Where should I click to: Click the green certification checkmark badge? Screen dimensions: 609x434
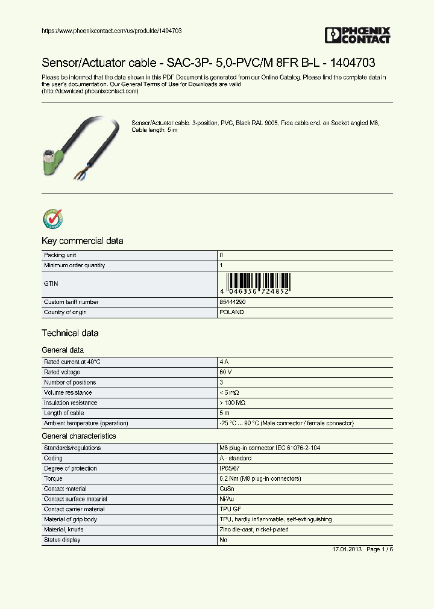click(52, 220)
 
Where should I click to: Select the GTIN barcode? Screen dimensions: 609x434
click(257, 283)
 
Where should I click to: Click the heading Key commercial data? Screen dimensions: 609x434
click(82, 241)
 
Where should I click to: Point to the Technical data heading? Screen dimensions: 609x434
click(70, 333)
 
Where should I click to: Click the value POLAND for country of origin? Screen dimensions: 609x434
click(232, 312)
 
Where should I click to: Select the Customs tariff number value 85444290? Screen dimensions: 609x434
click(233, 302)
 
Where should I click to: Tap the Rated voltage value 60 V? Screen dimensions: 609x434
click(226, 372)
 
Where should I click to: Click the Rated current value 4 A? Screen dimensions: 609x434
click(225, 362)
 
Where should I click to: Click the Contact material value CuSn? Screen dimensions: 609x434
click(228, 489)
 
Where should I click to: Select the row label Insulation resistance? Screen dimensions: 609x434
click(71, 403)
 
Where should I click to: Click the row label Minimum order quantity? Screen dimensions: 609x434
click(74, 265)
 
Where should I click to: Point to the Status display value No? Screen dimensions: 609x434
click(224, 540)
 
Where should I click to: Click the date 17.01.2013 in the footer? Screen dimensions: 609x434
click(347, 550)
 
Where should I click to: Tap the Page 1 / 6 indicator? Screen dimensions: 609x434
click(380, 550)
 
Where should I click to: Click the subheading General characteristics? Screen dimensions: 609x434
click(78, 436)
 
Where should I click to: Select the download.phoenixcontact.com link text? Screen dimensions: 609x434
click(90, 91)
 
